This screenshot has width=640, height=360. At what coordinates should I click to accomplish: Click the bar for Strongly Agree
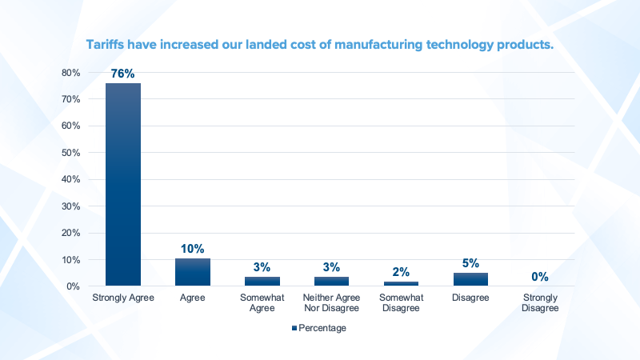[123, 184]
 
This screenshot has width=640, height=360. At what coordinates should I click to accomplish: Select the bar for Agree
[193, 272]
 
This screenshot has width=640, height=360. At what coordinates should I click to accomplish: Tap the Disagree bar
[470, 279]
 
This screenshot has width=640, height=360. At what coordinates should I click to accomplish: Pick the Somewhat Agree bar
[262, 282]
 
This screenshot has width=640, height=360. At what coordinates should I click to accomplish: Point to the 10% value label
[193, 250]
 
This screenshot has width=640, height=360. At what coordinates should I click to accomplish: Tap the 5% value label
[470, 263]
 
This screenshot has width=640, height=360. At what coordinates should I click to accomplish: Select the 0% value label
[539, 277]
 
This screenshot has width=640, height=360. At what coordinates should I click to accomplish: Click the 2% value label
[401, 272]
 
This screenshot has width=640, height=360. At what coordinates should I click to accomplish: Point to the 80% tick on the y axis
[71, 73]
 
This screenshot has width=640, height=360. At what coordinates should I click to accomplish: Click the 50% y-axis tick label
[71, 153]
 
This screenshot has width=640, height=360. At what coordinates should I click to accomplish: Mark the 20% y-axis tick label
[71, 233]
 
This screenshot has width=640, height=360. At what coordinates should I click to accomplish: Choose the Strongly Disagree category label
[539, 303]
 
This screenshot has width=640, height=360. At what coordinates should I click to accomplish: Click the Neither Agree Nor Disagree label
[331, 303]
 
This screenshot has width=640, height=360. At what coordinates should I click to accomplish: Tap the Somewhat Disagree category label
[401, 303]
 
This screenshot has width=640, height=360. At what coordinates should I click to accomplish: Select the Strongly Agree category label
[123, 298]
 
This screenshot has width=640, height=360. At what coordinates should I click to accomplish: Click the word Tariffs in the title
[108, 45]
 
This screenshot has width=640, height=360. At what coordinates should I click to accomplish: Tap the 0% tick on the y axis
[74, 286]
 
